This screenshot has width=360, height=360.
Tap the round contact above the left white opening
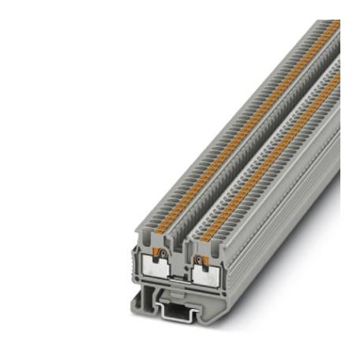[x=161, y=254]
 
